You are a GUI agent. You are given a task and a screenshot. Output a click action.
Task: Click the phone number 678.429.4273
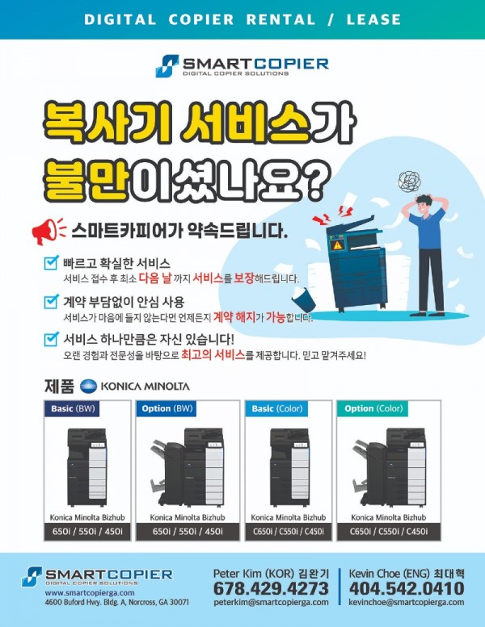tap(270, 588)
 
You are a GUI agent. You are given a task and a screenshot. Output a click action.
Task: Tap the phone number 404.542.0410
tap(407, 588)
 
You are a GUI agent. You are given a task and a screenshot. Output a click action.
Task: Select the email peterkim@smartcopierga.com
tap(270, 602)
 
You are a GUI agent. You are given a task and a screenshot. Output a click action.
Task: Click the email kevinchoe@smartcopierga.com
tap(407, 602)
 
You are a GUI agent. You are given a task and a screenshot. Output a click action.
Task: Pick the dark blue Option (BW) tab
tap(167, 409)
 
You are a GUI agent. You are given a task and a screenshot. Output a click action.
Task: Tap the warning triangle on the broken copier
tap(337, 244)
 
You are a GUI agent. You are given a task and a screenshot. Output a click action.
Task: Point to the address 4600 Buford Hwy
tap(116, 602)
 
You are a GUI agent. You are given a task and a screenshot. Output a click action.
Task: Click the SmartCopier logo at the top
tap(242, 65)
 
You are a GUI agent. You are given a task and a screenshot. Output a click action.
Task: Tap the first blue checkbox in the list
tap(50, 263)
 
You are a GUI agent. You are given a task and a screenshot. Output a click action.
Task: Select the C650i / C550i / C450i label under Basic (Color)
tap(289, 531)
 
